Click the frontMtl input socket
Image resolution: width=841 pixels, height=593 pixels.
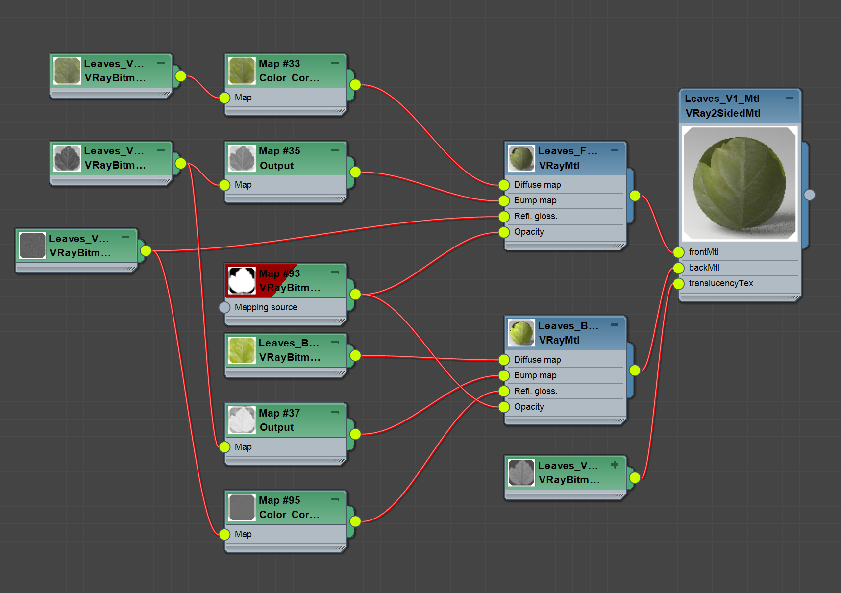[x=678, y=252]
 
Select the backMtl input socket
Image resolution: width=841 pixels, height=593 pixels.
[x=678, y=268]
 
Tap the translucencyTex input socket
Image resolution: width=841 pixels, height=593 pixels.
[x=678, y=284]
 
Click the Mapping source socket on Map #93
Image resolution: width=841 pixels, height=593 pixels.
[x=224, y=307]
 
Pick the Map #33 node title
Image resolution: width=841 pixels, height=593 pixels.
[x=279, y=64]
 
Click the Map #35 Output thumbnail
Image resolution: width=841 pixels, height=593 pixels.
[x=242, y=158]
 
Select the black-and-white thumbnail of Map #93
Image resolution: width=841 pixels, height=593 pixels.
[x=242, y=280]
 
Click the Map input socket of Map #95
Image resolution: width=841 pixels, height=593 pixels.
[x=224, y=534]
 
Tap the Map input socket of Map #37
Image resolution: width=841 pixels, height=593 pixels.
[x=224, y=447]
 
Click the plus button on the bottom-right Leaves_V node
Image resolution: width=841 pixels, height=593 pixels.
[x=615, y=464]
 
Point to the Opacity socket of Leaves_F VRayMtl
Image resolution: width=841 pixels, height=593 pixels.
[x=504, y=232]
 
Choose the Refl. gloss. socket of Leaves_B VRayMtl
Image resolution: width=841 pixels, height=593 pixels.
[x=504, y=391]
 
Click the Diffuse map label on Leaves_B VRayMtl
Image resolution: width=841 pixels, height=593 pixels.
[x=537, y=360]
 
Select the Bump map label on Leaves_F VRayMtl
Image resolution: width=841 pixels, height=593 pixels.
[x=535, y=200]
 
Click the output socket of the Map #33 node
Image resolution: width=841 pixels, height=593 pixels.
[x=355, y=85]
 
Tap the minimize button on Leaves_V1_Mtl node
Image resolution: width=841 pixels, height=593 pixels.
[x=789, y=98]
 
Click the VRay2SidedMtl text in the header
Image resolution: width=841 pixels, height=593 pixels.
[x=723, y=113]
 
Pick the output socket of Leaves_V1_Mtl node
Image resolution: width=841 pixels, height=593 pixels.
[x=809, y=195]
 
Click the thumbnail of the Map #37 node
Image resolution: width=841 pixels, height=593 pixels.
[x=242, y=420]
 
